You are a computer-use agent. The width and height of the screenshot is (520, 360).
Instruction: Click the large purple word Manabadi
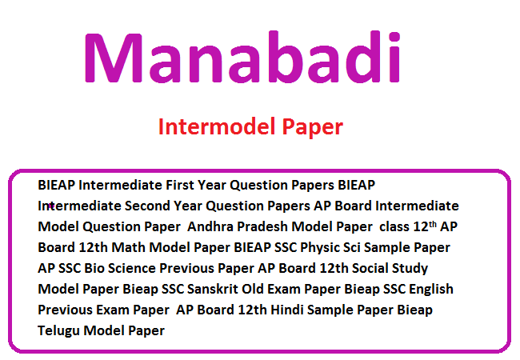click(242, 57)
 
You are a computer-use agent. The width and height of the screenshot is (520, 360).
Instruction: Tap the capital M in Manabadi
click(114, 58)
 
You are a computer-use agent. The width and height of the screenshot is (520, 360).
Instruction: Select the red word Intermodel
click(217, 126)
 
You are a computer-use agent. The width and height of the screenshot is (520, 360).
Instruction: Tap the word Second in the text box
click(147, 206)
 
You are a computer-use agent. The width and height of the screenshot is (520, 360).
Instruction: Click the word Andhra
click(210, 226)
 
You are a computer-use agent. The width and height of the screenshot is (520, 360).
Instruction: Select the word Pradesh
click(262, 226)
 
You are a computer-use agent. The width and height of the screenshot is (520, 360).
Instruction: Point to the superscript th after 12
click(433, 225)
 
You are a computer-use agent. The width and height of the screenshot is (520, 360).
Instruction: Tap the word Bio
click(94, 268)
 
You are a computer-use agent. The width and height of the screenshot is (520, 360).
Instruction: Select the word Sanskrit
click(213, 289)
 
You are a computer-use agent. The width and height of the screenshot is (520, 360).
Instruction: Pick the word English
click(430, 290)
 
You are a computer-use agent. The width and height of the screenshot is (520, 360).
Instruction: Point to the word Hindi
click(287, 310)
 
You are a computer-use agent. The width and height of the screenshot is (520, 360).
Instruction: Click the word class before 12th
click(394, 226)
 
